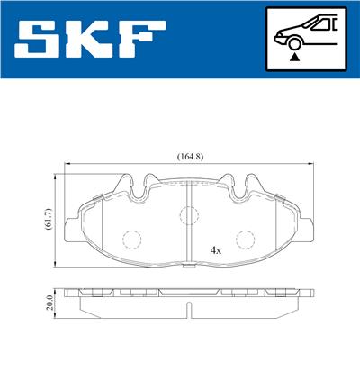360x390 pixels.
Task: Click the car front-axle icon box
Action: point(303,39)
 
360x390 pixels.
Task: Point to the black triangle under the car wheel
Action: point(293,57)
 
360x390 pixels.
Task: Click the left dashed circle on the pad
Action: point(132,240)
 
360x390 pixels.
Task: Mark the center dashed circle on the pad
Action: point(188,215)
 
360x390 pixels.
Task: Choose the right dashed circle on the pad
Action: point(244,240)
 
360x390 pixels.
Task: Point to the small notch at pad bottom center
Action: point(188,268)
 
